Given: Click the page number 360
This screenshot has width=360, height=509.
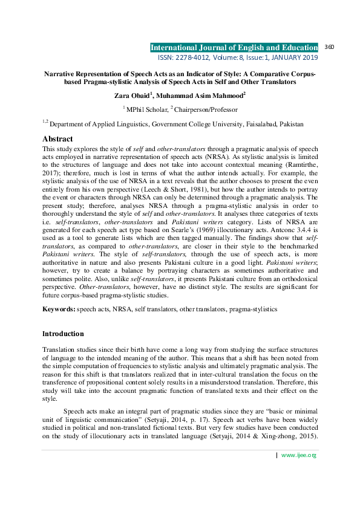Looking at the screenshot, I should [330, 47].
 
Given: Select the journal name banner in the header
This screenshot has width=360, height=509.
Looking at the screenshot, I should [234, 47].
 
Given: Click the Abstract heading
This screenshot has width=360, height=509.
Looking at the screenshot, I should [57, 138].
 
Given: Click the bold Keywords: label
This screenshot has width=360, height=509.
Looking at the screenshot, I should [59, 309].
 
